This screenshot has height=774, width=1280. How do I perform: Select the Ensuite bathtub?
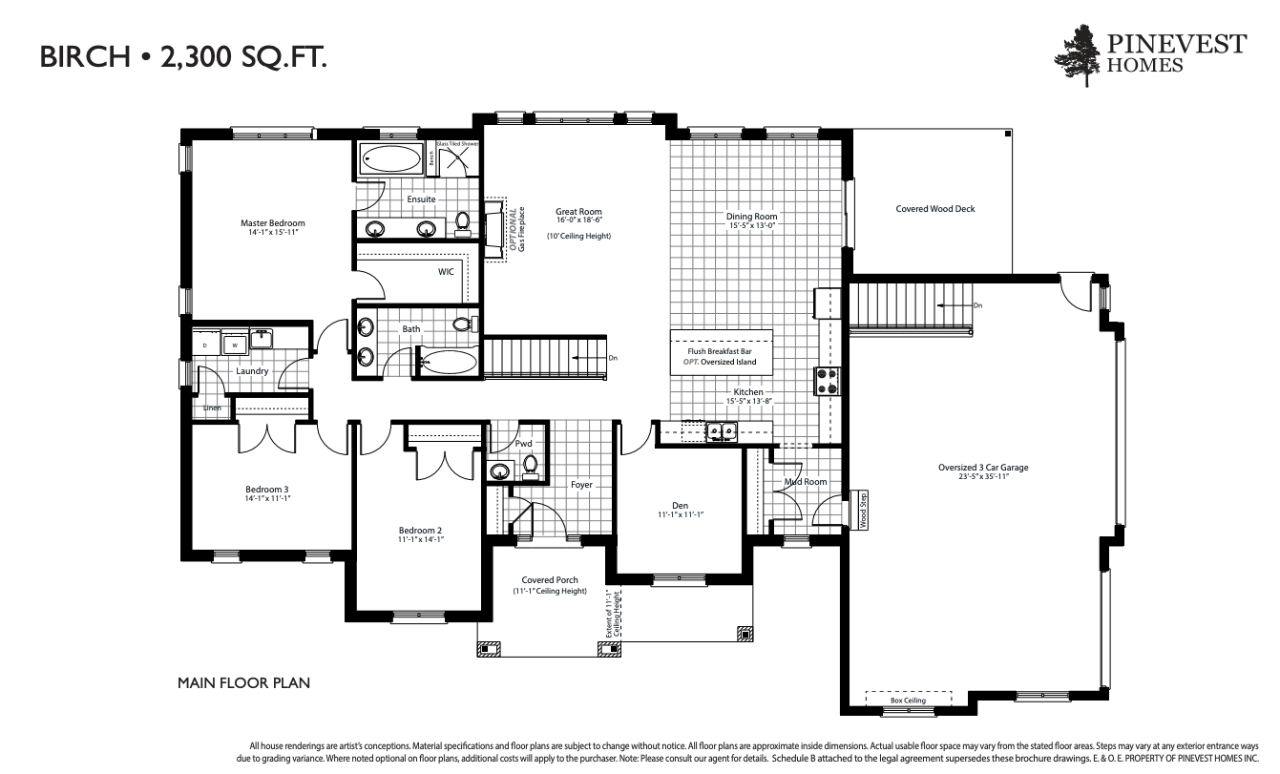[391, 159]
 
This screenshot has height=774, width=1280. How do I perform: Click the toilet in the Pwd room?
[530, 466]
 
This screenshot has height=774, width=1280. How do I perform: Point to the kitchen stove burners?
[827, 381]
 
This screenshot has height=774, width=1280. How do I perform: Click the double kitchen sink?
[720, 432]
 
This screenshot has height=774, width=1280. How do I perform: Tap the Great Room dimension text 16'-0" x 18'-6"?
[578, 220]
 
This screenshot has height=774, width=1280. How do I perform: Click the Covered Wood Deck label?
[934, 209]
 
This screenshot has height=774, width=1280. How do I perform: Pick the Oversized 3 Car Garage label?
[982, 468]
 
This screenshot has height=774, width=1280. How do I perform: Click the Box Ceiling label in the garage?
[908, 701]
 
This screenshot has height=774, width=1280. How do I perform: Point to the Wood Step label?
[863, 511]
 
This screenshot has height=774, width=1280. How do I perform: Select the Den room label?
[680, 505]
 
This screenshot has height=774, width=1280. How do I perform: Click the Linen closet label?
[212, 408]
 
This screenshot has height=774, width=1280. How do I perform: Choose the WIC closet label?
[446, 272]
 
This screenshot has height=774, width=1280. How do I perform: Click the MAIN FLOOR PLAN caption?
[243, 683]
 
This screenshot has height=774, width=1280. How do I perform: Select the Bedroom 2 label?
[420, 530]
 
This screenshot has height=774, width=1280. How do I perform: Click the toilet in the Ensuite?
[463, 222]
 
